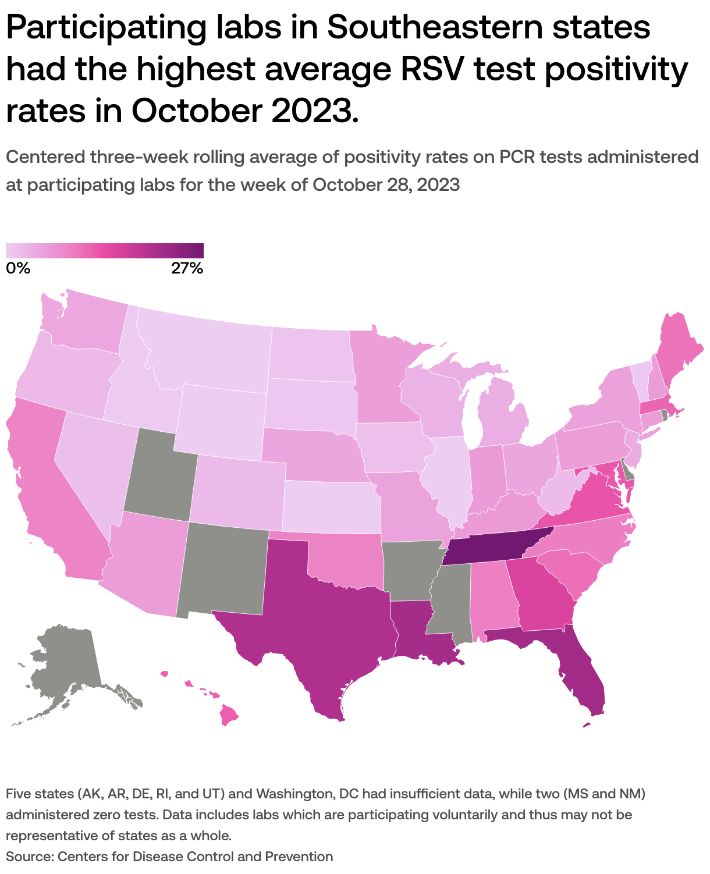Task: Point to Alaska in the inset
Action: (x=64, y=669)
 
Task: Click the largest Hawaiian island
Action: (x=230, y=715)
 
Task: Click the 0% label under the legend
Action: (x=17, y=268)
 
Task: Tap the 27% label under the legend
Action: (x=187, y=268)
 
